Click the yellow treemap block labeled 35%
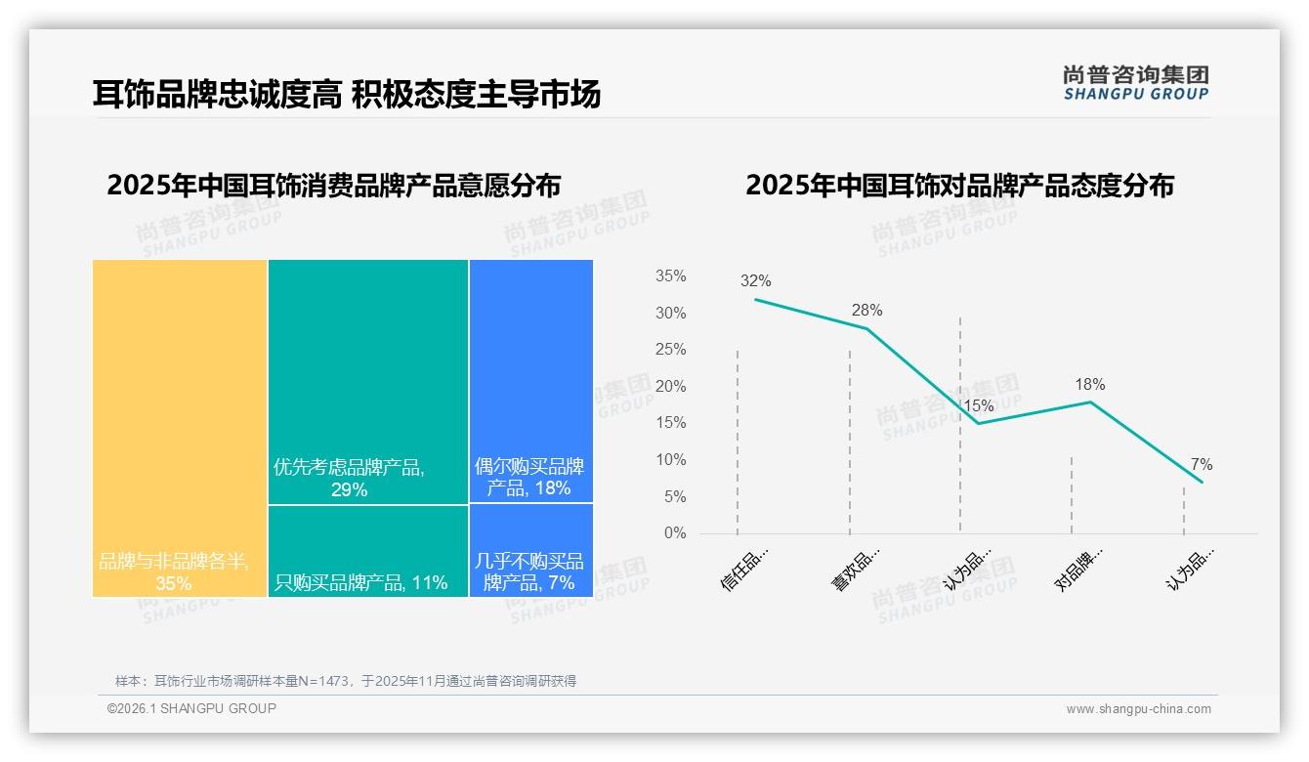(180, 428)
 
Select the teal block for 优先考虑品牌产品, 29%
(368, 381)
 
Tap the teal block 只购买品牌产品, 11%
(368, 551)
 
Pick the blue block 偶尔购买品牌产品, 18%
(530, 381)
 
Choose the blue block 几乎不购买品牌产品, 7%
(530, 551)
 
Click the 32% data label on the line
(755, 281)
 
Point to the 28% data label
(866, 311)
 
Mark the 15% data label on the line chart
(978, 405)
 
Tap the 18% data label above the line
(1089, 385)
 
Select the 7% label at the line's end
(1202, 465)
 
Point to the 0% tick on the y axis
(675, 533)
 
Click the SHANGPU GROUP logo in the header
(1135, 83)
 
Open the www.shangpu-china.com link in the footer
(1138, 709)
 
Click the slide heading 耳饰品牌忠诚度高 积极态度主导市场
(346, 94)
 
